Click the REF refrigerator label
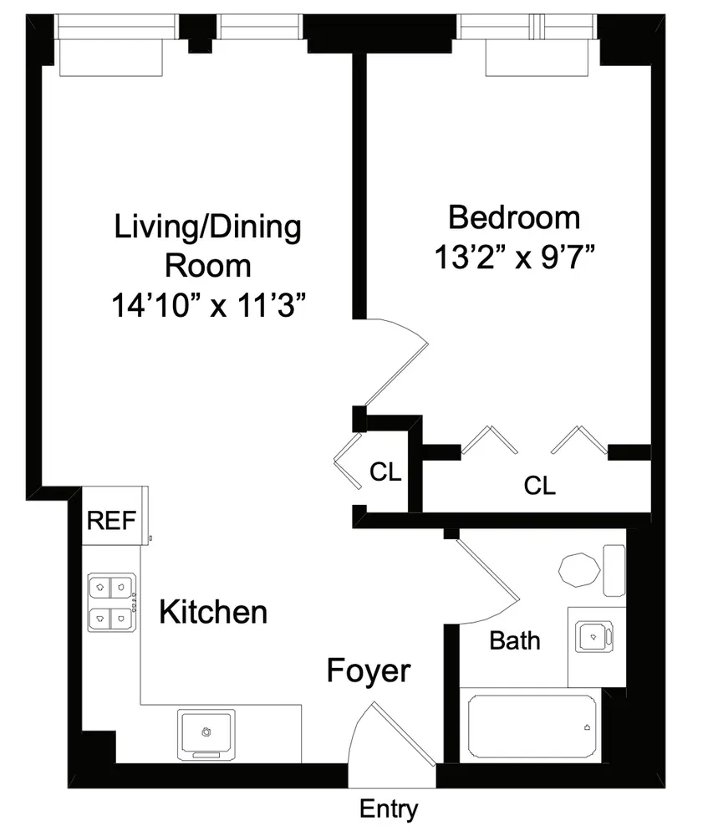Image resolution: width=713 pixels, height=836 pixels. pos(111,521)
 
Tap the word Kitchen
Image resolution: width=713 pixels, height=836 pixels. pos(213,612)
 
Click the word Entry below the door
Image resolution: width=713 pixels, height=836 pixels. pos(388,809)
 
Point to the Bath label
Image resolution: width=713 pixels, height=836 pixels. pos(514,641)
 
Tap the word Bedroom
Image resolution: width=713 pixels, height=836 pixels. pos(514,217)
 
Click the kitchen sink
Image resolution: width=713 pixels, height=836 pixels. pos(206,732)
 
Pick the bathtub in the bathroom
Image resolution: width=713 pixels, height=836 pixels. pos(532,726)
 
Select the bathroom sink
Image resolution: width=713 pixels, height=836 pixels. pos(595,637)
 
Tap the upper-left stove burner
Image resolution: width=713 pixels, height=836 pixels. pos(99,587)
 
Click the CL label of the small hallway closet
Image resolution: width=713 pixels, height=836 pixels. pos(385,472)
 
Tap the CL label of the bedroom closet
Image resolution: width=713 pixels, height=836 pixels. pos(539,485)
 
